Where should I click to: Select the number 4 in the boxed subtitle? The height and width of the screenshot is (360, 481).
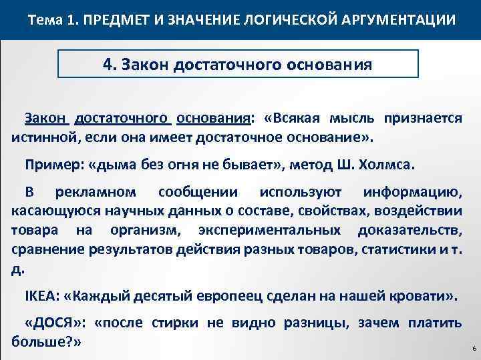(x=107, y=65)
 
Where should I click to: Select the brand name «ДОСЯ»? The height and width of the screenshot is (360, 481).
(x=55, y=323)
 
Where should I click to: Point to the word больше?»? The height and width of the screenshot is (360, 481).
(x=46, y=342)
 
